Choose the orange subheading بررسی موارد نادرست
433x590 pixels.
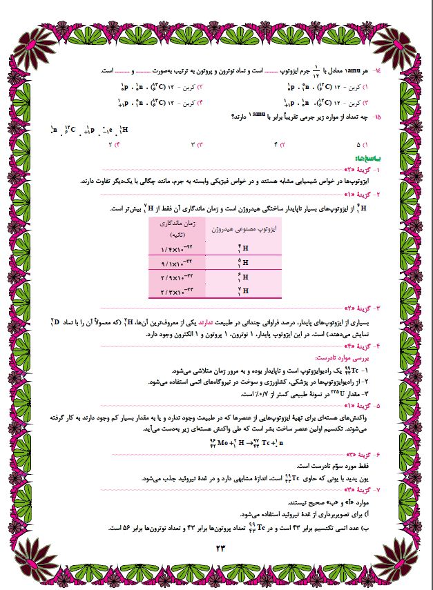[x=348, y=357]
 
